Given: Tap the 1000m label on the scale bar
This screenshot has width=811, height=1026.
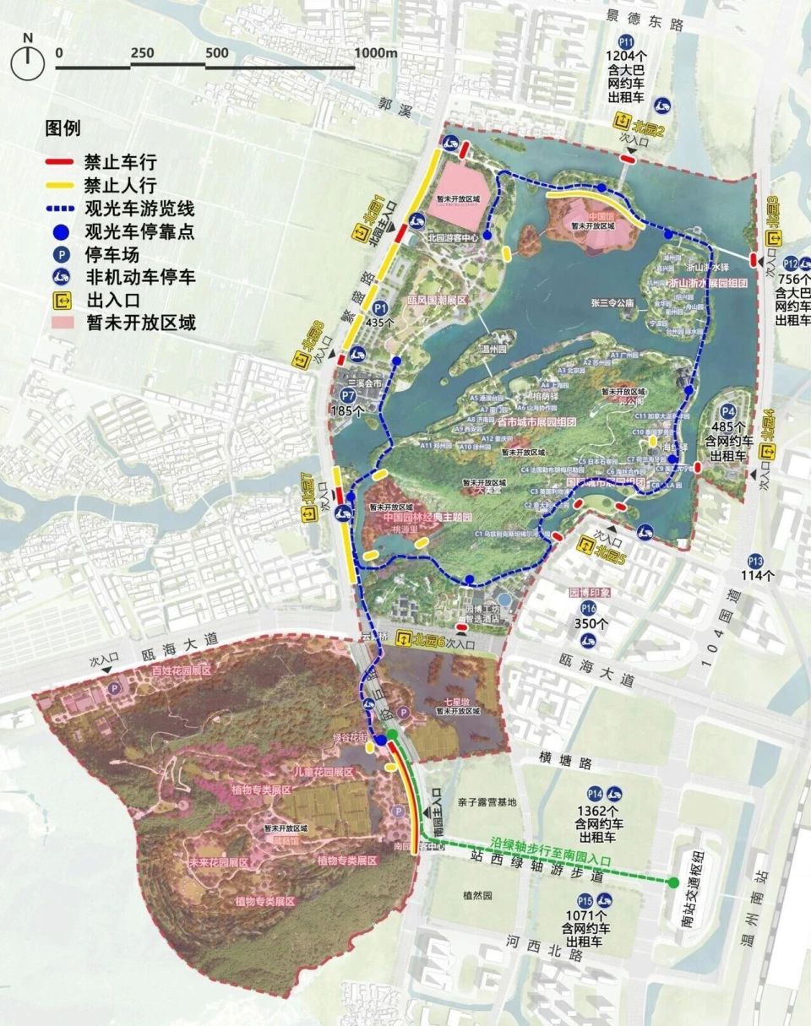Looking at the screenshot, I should coord(376,52).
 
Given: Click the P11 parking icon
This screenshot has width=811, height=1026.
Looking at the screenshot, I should coord(626,42).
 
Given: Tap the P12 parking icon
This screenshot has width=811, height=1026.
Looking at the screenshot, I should coord(792,263).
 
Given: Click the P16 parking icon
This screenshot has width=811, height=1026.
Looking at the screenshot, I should coord(588,609).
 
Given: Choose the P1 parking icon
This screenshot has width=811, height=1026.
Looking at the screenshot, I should coord(381,308).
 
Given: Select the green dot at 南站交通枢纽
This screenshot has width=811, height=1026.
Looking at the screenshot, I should coord(673,883).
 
